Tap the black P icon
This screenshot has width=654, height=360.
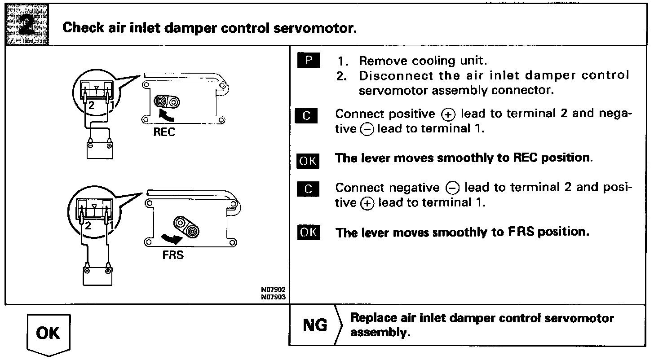coord(308,61)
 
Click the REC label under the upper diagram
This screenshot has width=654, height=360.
coord(164,133)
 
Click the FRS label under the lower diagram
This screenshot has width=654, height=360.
coord(173,256)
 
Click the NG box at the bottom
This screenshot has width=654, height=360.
coord(315,325)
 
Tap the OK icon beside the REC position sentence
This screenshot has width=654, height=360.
coord(308,161)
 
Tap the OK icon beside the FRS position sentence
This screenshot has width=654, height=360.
coord(308,233)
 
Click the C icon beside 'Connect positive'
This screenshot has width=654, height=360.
coord(308,116)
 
